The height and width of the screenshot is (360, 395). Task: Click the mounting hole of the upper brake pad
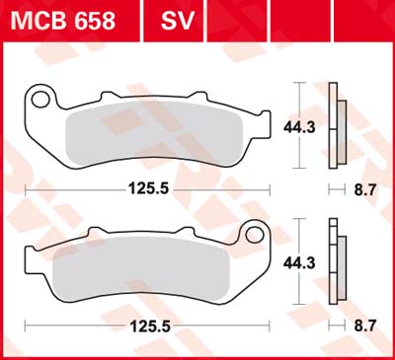[x=40, y=98]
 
